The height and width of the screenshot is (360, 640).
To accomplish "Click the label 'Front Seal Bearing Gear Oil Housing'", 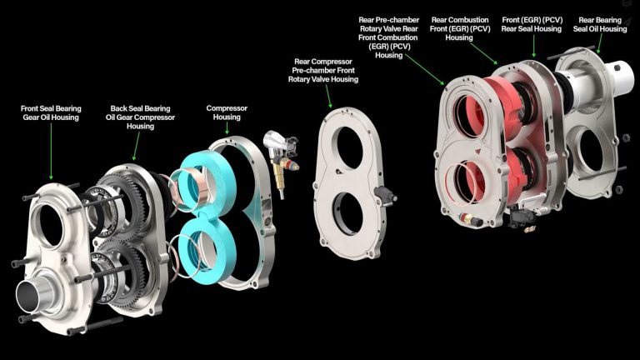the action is click(x=51, y=113).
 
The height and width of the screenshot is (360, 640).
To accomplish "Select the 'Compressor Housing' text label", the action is click(x=227, y=112).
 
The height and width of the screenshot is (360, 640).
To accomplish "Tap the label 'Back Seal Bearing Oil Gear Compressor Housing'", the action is click(x=140, y=117).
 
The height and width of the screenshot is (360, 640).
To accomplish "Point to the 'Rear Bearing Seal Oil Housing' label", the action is click(x=600, y=24).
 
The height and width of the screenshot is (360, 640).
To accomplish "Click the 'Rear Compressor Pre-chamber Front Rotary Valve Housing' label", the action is click(x=323, y=70).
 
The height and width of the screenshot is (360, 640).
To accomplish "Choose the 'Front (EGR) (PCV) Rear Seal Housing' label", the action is click(x=532, y=24).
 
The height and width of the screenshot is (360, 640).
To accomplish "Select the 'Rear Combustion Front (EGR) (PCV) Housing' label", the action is click(x=460, y=28).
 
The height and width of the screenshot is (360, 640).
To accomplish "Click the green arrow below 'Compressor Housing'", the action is click(x=227, y=128).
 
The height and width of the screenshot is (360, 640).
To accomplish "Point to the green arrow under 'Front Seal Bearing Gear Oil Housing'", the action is click(x=51, y=151).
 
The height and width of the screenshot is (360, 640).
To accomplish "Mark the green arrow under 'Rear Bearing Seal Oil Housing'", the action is click(x=600, y=43).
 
